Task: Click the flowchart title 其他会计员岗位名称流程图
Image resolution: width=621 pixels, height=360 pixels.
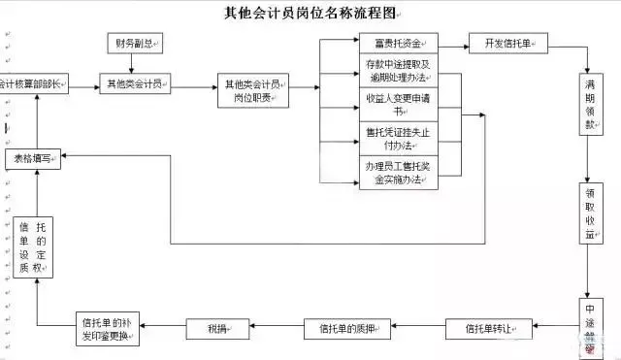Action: [310, 14]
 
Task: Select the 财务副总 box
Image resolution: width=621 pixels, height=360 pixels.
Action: [134, 44]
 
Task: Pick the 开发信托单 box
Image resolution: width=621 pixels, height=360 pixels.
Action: [508, 45]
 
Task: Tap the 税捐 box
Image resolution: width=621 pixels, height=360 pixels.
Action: [215, 328]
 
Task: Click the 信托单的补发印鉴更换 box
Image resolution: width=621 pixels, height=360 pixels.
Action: [108, 328]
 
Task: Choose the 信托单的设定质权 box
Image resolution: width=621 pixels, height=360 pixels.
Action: [38, 246]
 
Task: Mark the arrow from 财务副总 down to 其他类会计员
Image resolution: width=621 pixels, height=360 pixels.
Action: [134, 64]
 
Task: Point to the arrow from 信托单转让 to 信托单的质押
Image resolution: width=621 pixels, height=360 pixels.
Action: [418, 328]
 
